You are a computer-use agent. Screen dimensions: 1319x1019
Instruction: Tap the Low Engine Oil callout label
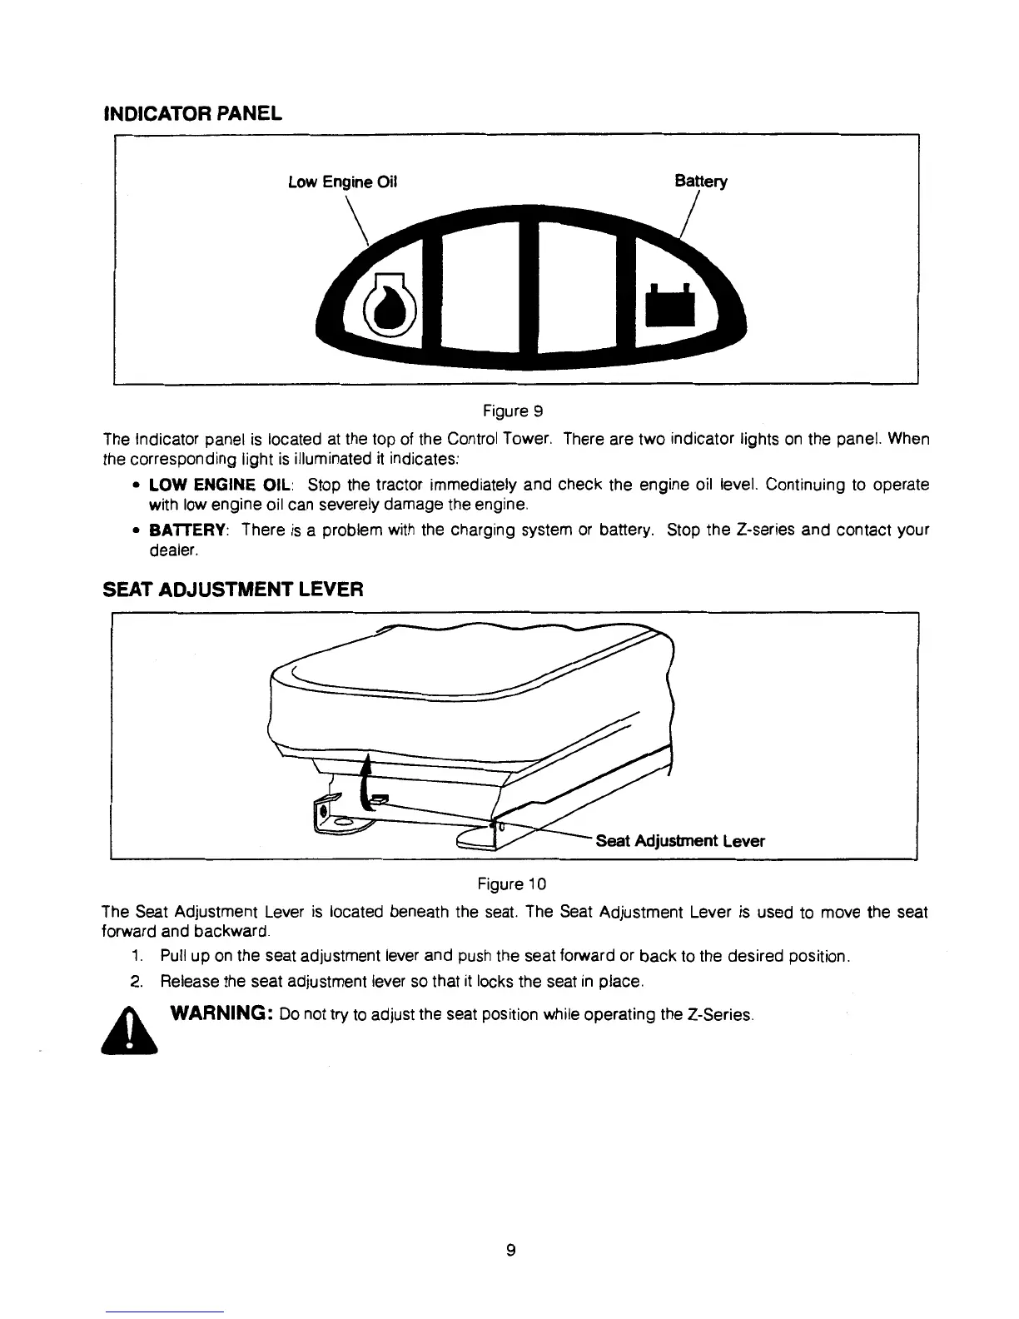click(343, 182)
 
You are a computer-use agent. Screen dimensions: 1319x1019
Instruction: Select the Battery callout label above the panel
click(700, 182)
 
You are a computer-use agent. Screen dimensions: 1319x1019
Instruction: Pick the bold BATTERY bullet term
click(189, 530)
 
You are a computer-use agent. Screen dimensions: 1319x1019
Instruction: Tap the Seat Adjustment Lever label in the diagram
click(680, 841)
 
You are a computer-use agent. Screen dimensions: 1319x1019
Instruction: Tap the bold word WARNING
click(218, 1015)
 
